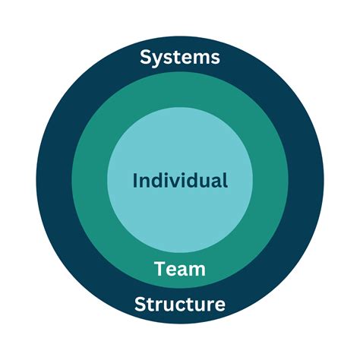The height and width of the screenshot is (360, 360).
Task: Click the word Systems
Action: [180, 57]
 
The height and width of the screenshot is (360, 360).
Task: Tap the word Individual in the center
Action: [180, 181]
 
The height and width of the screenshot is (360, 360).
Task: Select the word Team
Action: [180, 268]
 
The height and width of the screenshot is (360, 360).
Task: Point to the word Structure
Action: [180, 305]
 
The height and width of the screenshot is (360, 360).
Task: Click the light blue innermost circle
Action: [180, 144]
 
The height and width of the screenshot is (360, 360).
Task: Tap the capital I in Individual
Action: [135, 181]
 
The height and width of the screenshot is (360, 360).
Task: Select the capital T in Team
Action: [159, 268]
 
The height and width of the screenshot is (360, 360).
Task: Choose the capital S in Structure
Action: [140, 305]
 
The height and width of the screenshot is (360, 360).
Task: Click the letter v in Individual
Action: [173, 182]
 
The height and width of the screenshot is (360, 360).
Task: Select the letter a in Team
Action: [184, 270]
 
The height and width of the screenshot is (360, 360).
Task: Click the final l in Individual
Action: [225, 180]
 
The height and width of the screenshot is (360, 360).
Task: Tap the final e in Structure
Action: [219, 306]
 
